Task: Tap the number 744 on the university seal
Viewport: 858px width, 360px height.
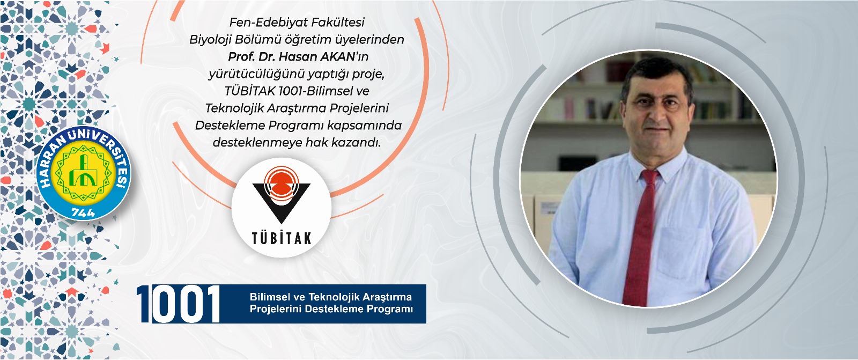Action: pyautogui.click(x=84, y=212)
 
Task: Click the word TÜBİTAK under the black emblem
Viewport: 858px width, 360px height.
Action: pyautogui.click(x=282, y=238)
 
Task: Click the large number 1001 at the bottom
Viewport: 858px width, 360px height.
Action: pyautogui.click(x=179, y=304)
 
